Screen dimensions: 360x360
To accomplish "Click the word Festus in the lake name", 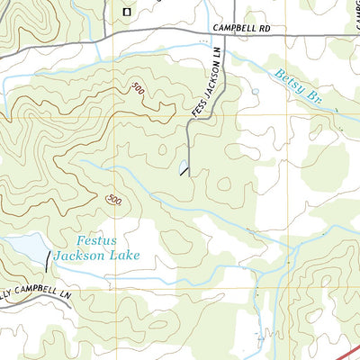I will coord(96,240).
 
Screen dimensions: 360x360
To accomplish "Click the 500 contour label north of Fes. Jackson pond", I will coord(137,88).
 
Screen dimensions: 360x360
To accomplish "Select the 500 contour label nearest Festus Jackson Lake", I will coord(113,199).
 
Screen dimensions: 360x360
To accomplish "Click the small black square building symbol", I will coord(127,12).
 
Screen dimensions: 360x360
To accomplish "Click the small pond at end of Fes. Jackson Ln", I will coord(183,166).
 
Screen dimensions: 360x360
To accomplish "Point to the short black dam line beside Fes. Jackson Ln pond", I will coord(185,173).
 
